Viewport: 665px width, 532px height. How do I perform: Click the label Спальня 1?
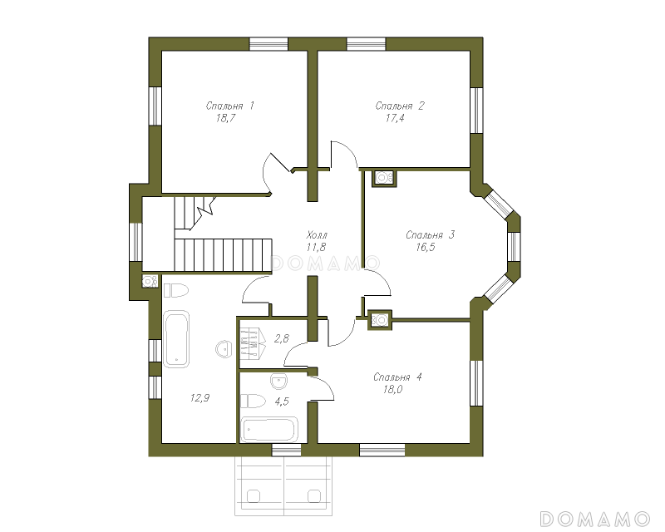pyautogui.click(x=230, y=106)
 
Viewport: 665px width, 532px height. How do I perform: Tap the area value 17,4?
pyautogui.click(x=395, y=118)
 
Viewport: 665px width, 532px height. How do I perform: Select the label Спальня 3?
pyautogui.click(x=430, y=234)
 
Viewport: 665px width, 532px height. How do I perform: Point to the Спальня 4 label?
pyautogui.click(x=397, y=377)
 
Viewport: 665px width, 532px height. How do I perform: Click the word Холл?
pyautogui.click(x=317, y=234)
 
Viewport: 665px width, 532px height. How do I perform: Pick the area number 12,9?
pyautogui.click(x=199, y=398)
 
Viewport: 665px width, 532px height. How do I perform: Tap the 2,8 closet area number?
pyautogui.click(x=282, y=338)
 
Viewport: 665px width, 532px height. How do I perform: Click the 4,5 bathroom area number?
pyautogui.click(x=282, y=401)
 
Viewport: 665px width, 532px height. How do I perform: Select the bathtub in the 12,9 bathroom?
pyautogui.click(x=176, y=339)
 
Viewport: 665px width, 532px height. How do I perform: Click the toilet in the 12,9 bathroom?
pyautogui.click(x=175, y=291)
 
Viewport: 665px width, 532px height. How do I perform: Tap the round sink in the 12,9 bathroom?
pyautogui.click(x=223, y=349)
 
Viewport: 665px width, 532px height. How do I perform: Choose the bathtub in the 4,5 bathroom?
pyautogui.click(x=268, y=430)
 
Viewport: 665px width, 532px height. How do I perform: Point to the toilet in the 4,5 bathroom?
pyautogui.click(x=254, y=401)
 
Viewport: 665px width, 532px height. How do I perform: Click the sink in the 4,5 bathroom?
pyautogui.click(x=278, y=382)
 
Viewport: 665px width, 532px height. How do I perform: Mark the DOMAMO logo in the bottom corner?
pyautogui.click(x=594, y=519)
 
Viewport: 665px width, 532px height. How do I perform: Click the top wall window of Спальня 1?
pyautogui.click(x=268, y=44)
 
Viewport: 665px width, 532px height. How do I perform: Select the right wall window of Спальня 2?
pyautogui.click(x=476, y=111)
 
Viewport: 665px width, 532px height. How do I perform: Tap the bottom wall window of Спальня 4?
pyautogui.click(x=382, y=450)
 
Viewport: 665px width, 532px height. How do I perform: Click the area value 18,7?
pyautogui.click(x=225, y=118)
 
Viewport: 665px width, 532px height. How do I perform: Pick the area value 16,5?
pyautogui.click(x=426, y=248)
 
